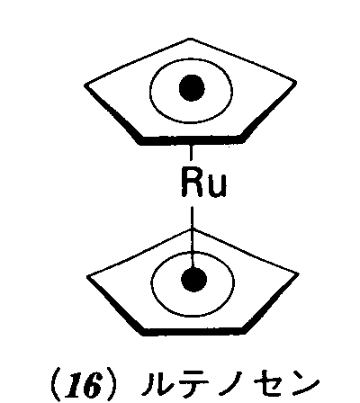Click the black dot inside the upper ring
pyautogui.click(x=192, y=88)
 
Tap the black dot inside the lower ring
pyautogui.click(x=193, y=279)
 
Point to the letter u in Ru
pyautogui.click(x=217, y=186)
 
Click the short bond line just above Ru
pyautogui.click(x=191, y=152)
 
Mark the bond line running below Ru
pyautogui.click(x=193, y=236)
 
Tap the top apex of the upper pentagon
pyautogui.click(x=190, y=39)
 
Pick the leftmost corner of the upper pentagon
pyautogui.click(x=85, y=85)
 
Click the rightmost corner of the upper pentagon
pyautogui.click(x=295, y=82)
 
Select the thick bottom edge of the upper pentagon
pyautogui.click(x=191, y=139)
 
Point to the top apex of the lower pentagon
pyautogui.click(x=192, y=229)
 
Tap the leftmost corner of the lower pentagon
pyautogui.click(x=87, y=276)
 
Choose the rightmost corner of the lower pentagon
pyautogui.click(x=297, y=273)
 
